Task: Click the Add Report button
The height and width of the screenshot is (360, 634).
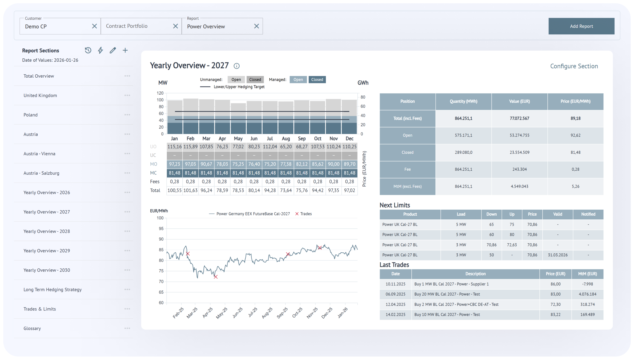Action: point(581,26)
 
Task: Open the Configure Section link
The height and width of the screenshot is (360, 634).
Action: point(574,66)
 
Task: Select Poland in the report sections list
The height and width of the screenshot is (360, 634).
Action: point(31,115)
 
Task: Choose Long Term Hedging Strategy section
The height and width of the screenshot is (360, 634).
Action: point(52,290)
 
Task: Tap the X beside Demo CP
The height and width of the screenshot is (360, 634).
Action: point(94,26)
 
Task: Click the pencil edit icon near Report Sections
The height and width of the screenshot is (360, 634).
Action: point(113,50)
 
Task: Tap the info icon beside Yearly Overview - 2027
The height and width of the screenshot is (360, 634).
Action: point(237,66)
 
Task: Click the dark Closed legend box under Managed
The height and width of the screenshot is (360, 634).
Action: point(317,80)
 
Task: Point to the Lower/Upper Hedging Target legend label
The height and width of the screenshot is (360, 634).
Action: point(239,87)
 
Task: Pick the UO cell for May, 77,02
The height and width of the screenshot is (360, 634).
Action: point(238,147)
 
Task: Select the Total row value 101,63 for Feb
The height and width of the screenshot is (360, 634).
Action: point(190,190)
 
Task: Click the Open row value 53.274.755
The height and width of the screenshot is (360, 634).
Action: point(519,135)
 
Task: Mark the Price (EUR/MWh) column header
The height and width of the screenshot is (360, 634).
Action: point(575,101)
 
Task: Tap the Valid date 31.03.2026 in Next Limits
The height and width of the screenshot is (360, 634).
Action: point(558,255)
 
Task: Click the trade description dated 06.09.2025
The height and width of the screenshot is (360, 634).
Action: point(447,294)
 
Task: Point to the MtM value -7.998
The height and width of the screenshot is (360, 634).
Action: point(587,284)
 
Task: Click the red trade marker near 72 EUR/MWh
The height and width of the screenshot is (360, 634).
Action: point(216,277)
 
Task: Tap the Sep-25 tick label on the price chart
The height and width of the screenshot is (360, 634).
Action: point(282,313)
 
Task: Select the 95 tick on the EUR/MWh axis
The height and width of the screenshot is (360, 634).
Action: point(161,229)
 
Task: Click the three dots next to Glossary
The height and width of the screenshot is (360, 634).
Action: point(127,328)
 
